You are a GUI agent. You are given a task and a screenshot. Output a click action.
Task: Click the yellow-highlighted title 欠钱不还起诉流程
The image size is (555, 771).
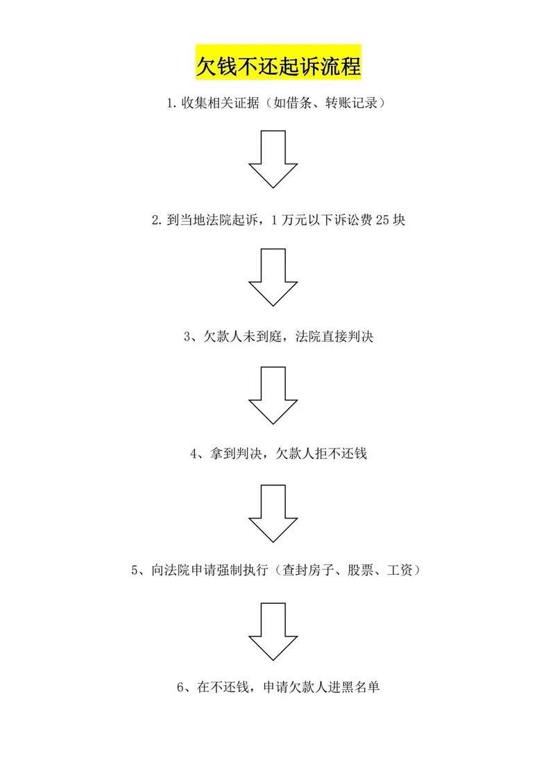click(277, 67)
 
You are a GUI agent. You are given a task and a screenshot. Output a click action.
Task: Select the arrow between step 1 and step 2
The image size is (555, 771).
click(273, 159)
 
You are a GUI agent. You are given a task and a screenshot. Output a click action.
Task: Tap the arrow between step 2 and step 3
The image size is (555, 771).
click(273, 277)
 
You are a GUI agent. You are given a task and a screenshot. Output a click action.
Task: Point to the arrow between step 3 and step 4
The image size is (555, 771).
click(273, 395)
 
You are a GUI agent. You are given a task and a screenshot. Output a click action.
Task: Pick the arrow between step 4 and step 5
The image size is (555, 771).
click(273, 513)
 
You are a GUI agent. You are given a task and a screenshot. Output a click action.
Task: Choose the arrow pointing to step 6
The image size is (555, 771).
click(273, 631)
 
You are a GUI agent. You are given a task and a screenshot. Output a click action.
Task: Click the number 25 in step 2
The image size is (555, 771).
click(382, 220)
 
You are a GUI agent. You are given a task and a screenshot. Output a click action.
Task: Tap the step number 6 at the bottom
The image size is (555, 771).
click(180, 688)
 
